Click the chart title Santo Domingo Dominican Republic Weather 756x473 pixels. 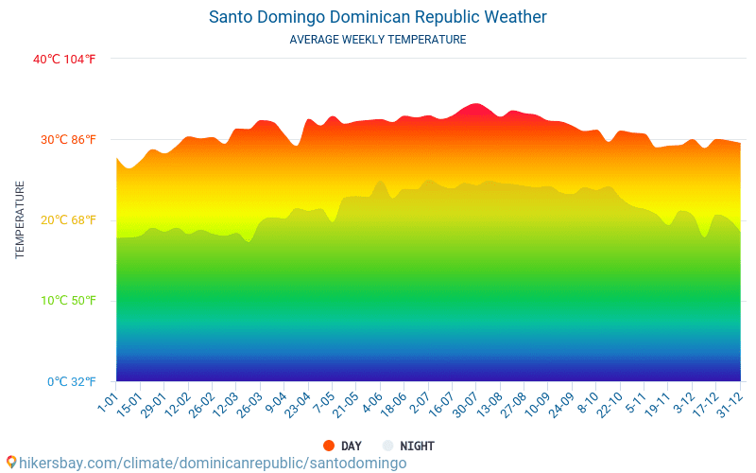377,17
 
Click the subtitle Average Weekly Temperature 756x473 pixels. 377,40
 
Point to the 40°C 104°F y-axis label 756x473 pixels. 64,60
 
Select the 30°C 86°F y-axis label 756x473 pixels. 68,140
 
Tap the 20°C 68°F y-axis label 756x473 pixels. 68,220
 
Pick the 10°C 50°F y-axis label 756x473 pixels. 68,301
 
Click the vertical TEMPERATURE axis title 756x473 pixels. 20,220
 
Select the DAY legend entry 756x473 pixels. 351,446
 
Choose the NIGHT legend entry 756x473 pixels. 417,446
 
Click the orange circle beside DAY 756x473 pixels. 329,446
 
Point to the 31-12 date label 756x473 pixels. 729,405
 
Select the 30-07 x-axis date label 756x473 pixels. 465,405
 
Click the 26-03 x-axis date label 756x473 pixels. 249,405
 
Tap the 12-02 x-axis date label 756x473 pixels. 177,405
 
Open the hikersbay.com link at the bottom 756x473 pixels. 213,463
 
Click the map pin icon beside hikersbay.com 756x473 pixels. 10,463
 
